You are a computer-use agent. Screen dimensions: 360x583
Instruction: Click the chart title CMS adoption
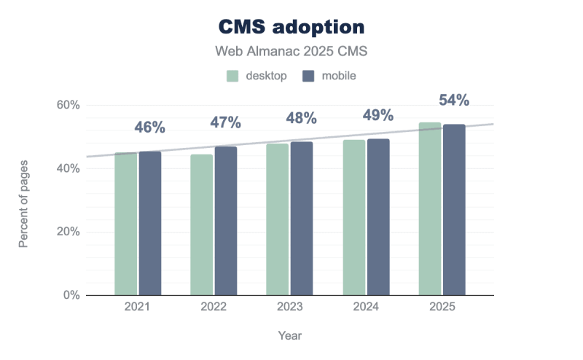[x=291, y=27]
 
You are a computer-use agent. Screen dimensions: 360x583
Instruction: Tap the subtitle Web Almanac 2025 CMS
[x=291, y=52]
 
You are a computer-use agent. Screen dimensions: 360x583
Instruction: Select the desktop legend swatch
[x=233, y=76]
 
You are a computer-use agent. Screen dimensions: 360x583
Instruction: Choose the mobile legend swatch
[x=308, y=76]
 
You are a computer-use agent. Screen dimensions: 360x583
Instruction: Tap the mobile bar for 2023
[x=302, y=219]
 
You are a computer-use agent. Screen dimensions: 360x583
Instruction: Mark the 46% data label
[x=150, y=128]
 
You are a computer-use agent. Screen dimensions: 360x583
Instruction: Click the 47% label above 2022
[x=226, y=122]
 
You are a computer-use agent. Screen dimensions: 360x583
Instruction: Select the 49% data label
[x=378, y=115]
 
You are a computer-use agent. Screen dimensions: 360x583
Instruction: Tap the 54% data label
[x=453, y=100]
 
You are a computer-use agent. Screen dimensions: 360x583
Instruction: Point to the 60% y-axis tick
[x=69, y=105]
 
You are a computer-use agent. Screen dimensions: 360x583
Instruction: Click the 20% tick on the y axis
[x=69, y=232]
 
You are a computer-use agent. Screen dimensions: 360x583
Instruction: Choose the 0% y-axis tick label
[x=71, y=295]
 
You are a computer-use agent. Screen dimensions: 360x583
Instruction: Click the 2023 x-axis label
[x=289, y=308]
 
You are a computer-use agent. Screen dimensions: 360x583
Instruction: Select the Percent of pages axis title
[x=23, y=200]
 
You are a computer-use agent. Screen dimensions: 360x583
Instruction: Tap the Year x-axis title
[x=289, y=336]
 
